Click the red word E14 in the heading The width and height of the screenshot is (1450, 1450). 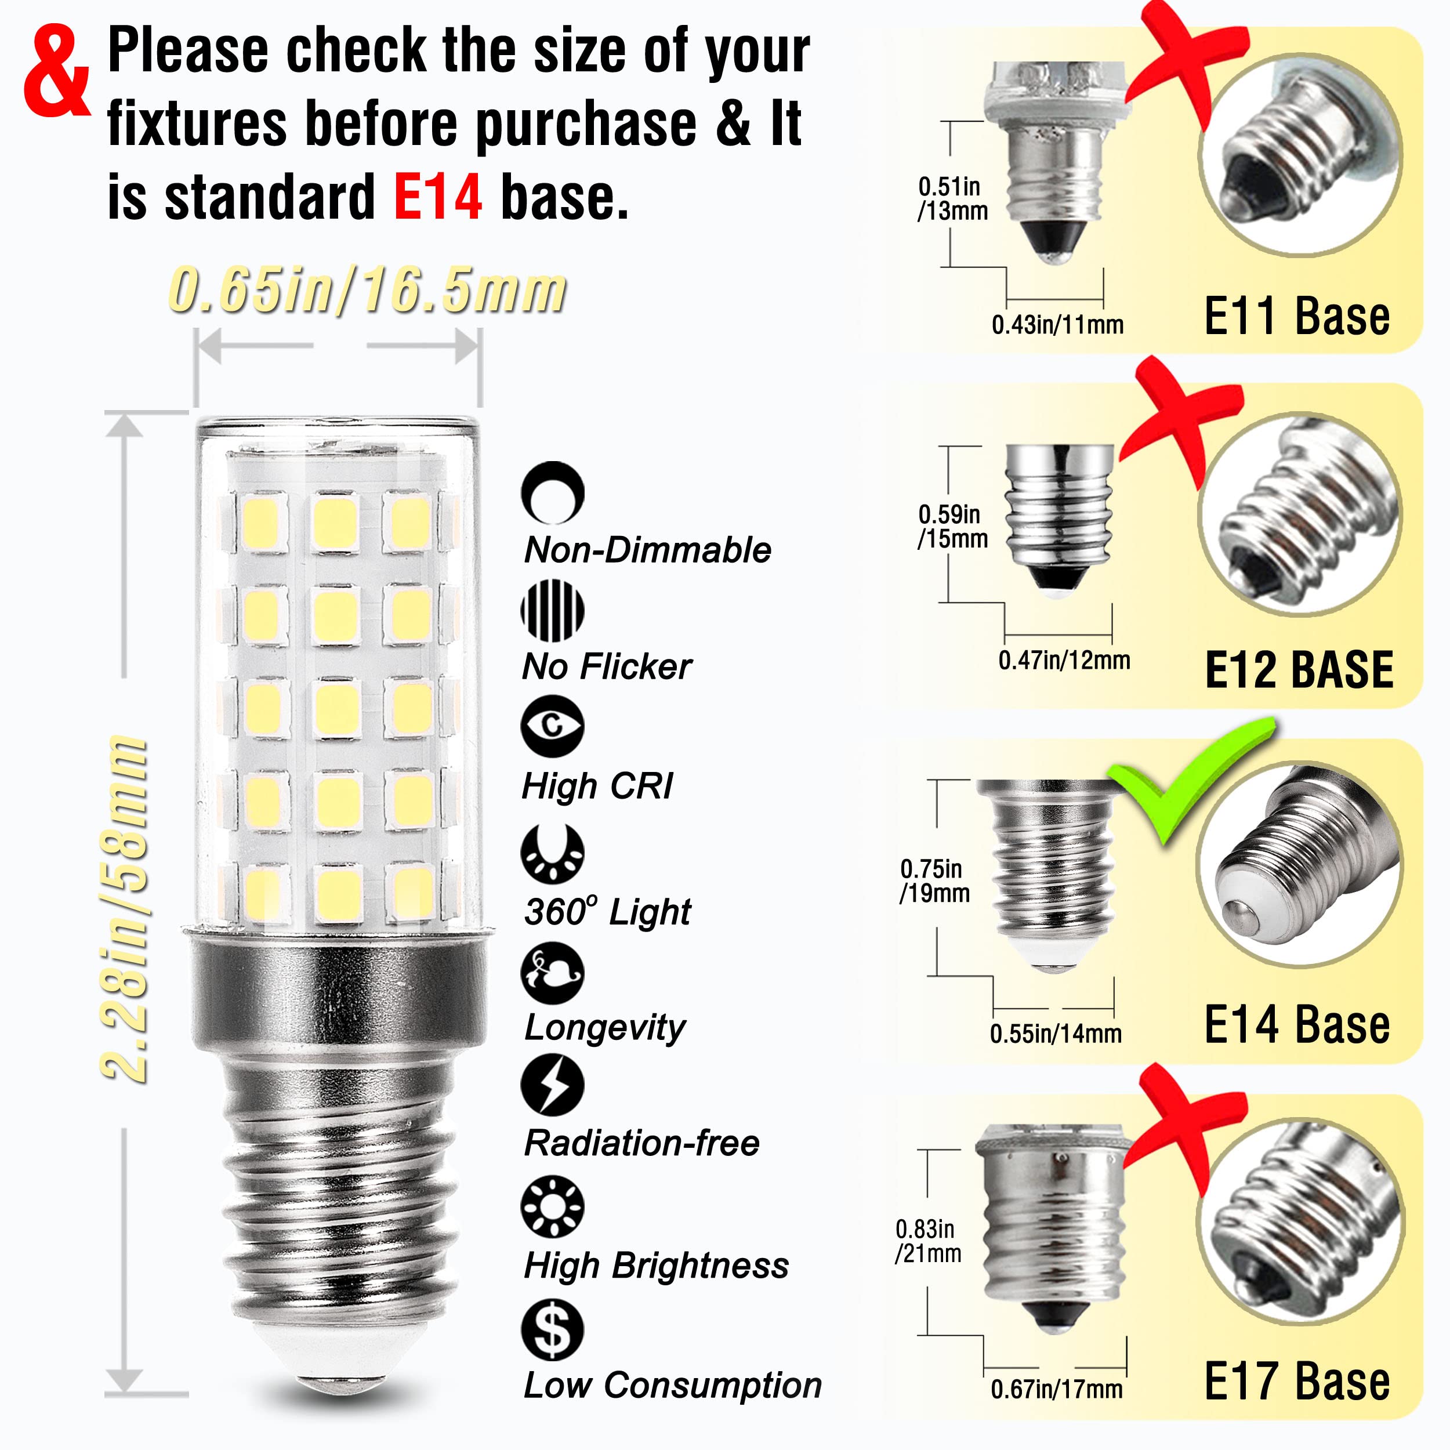437,197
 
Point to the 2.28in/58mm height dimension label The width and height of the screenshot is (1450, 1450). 125,909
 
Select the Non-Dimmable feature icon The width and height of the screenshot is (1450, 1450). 552,492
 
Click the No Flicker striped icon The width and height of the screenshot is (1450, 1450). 552,610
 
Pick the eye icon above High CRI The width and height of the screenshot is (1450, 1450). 552,726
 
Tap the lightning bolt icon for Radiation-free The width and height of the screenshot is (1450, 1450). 552,1085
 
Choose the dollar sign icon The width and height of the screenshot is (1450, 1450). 552,1329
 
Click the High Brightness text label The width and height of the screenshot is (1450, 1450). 656,1266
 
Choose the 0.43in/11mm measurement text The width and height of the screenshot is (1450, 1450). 1057,325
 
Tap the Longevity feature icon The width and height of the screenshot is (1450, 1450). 552,973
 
